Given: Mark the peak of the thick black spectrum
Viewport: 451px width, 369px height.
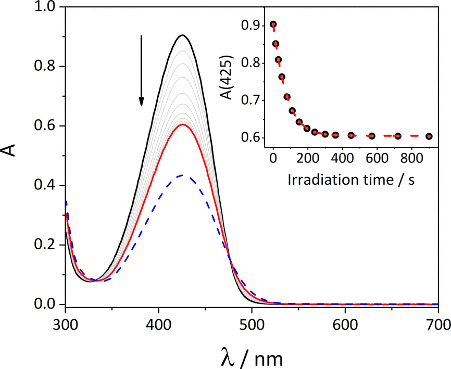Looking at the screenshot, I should coord(182,35).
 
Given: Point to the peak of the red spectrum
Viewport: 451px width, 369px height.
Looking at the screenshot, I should coord(182,124).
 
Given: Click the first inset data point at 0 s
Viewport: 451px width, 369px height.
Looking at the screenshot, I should coord(273,24).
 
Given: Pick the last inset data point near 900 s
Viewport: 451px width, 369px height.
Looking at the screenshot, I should coord(429,136).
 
